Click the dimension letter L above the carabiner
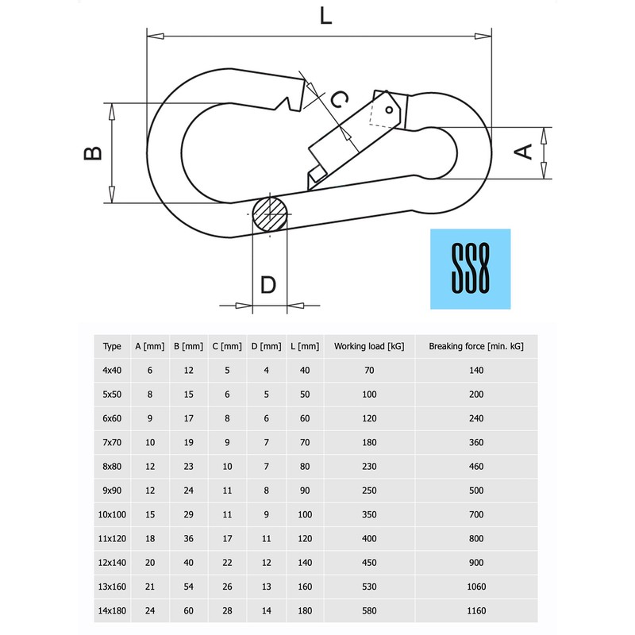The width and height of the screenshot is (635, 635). click(325, 17)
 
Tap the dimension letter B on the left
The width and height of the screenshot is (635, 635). click(94, 152)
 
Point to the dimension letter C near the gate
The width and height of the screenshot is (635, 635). click(338, 99)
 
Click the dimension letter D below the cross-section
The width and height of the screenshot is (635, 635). click(268, 284)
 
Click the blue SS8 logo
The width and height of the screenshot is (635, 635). click(470, 269)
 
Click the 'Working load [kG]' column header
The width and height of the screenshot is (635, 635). click(369, 346)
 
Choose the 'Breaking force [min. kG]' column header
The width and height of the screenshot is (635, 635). click(476, 346)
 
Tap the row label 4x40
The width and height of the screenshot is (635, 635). click(113, 370)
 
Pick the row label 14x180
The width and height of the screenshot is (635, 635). click(113, 610)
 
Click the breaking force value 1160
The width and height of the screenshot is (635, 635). click(476, 610)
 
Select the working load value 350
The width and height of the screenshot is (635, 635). click(369, 514)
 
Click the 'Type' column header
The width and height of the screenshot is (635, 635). click(113, 346)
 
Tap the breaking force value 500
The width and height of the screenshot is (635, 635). click(476, 491)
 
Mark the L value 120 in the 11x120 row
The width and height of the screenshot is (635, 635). click(305, 538)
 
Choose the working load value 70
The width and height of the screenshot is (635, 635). click(369, 370)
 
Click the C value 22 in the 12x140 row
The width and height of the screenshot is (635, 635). click(227, 563)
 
